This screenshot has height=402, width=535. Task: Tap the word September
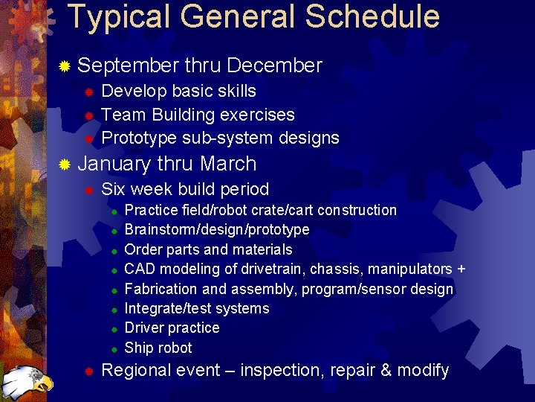(x=128, y=66)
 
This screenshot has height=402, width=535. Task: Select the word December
(x=274, y=66)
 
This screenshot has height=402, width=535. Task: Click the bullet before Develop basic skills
(x=88, y=92)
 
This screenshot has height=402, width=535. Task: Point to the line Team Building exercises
(x=198, y=115)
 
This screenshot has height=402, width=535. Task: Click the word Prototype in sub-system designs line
(x=140, y=138)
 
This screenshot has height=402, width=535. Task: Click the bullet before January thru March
(x=65, y=165)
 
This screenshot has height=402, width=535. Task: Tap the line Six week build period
(x=185, y=189)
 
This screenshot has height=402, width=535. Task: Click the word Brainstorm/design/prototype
(x=217, y=229)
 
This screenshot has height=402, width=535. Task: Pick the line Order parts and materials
(x=208, y=249)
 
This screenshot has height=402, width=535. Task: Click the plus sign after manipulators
(x=461, y=269)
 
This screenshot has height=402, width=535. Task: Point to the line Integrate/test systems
(x=197, y=308)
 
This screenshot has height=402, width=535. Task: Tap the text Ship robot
(x=158, y=348)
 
